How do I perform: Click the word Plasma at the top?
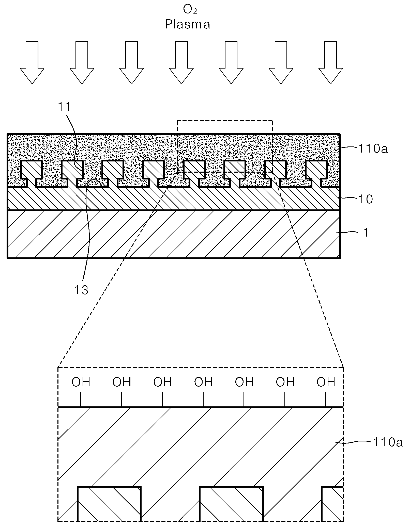(x=188, y=25)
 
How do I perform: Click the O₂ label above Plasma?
(x=190, y=10)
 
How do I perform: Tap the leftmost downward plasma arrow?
(x=32, y=62)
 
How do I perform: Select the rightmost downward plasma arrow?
(x=331, y=62)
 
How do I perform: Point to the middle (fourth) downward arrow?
(x=181, y=62)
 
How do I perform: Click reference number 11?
(x=65, y=107)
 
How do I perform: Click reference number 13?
(x=81, y=290)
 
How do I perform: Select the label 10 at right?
(x=366, y=199)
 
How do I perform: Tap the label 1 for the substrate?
(x=366, y=232)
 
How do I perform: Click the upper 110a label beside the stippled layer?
(x=373, y=148)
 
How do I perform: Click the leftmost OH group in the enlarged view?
(x=81, y=382)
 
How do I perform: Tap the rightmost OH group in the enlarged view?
(x=326, y=382)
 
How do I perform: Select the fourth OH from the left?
(x=203, y=382)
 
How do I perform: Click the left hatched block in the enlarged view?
(x=109, y=504)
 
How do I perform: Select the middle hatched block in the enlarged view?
(x=231, y=504)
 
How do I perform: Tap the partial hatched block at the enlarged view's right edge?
(x=332, y=504)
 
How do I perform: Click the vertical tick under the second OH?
(x=121, y=400)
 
